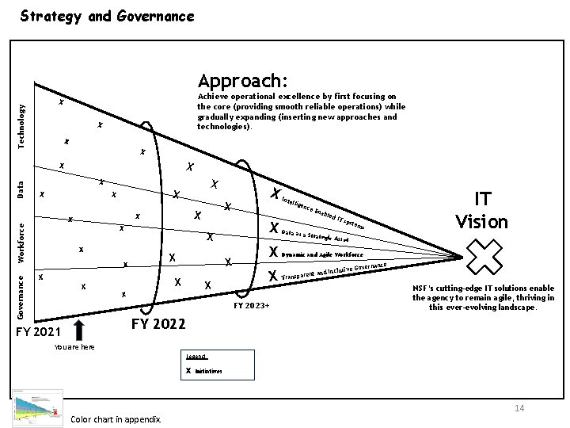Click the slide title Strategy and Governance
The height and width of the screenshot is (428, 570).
tap(106, 15)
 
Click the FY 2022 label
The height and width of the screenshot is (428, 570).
tap(158, 323)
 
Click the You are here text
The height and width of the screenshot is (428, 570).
tap(72, 346)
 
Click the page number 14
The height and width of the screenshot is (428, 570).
tap(519, 407)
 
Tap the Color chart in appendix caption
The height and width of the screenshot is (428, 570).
tap(116, 418)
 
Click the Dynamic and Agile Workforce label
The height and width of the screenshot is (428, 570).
tap(322, 255)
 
